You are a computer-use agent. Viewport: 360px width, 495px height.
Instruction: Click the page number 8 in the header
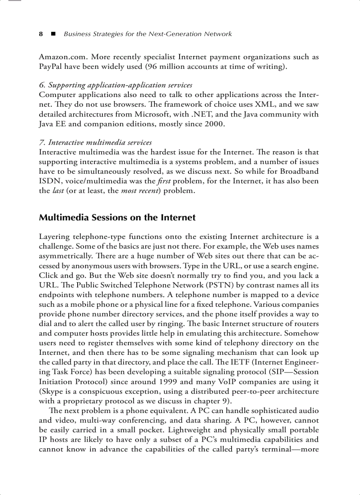click(x=41, y=34)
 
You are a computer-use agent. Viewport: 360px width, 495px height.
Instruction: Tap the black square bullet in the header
click(x=53, y=34)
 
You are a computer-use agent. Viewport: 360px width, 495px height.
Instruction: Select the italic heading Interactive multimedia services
click(x=95, y=142)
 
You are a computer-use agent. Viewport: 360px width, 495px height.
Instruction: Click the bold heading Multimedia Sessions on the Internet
click(x=117, y=218)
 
